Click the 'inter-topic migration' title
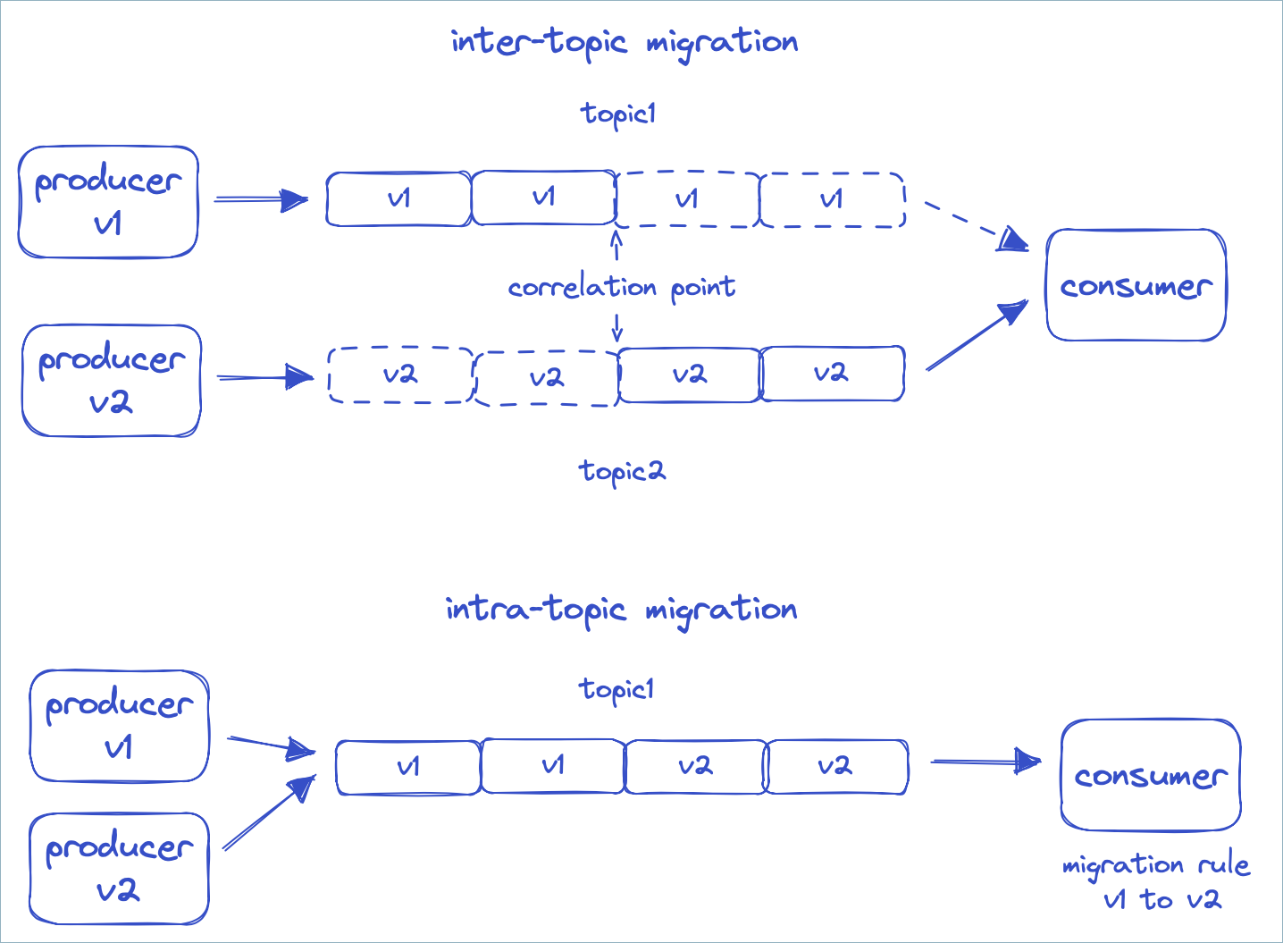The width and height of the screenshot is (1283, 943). (x=624, y=42)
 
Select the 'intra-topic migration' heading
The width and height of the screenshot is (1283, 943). (x=621, y=610)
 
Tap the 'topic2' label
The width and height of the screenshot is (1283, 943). (x=622, y=471)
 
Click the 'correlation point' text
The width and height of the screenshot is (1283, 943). (x=621, y=288)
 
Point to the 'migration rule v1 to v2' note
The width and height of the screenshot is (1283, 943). (x=1156, y=881)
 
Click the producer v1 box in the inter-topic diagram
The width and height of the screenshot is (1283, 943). (x=108, y=202)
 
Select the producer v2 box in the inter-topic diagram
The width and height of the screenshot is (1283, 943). (x=112, y=381)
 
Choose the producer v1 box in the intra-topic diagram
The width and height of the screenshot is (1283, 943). (x=119, y=726)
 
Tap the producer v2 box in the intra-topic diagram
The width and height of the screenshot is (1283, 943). (x=119, y=868)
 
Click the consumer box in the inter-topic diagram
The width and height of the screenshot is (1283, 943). (x=1136, y=285)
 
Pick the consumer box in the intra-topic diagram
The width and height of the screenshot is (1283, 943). (x=1150, y=775)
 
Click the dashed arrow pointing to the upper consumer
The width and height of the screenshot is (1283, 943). (x=976, y=226)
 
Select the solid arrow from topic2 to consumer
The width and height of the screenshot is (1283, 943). (x=977, y=335)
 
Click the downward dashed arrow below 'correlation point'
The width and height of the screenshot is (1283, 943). (x=616, y=327)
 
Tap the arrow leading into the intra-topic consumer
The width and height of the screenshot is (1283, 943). (x=985, y=762)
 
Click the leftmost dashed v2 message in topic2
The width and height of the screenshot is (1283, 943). (x=400, y=375)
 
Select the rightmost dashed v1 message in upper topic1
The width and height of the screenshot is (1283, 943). (x=832, y=200)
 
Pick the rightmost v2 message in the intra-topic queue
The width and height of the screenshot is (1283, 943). (x=836, y=767)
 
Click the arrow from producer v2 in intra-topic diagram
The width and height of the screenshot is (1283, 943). (x=269, y=812)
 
